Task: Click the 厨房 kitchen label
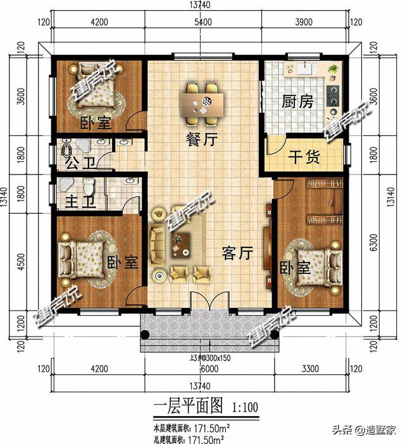[x=297, y=102]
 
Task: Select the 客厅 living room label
[x=237, y=254]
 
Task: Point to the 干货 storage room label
[x=304, y=156]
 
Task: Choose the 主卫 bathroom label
[x=81, y=203]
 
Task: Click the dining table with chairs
[x=203, y=102]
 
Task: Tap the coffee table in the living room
[x=182, y=242]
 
